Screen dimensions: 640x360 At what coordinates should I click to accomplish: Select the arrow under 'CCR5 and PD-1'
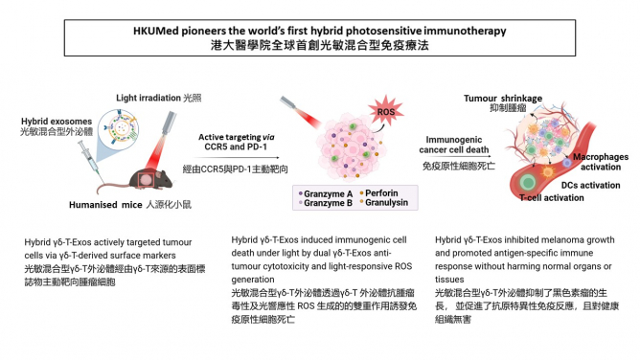(x=224, y=159)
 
